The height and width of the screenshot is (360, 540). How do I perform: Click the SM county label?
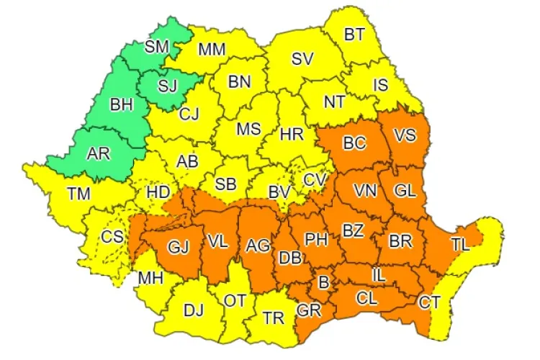pos(156,47)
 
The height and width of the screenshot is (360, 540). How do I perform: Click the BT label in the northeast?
pos(354,34)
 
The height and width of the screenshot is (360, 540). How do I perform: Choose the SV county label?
pos(302,60)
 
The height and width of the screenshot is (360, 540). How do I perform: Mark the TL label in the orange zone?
pos(461,244)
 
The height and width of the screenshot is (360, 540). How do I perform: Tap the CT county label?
pos(430,301)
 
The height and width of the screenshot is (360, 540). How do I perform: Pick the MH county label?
pos(150,278)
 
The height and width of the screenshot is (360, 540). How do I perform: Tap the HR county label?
pos(291,135)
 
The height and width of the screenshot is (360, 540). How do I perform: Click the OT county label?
pos(235,300)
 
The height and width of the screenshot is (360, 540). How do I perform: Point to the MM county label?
pos(212,50)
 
